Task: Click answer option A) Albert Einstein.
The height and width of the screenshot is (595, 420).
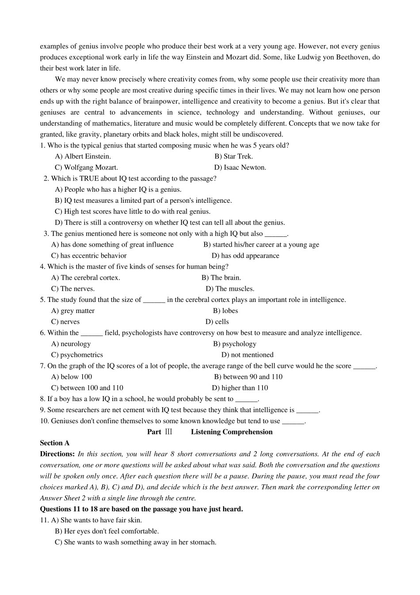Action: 83,156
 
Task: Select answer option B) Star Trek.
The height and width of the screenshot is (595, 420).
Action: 233,156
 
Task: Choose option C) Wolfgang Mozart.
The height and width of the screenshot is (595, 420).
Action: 86,167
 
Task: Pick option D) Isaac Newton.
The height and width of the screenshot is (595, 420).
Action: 240,167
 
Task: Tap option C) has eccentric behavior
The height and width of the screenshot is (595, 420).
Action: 89,255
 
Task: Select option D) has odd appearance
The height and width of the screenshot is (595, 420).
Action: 245,255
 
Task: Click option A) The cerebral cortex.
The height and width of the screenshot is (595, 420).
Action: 86,278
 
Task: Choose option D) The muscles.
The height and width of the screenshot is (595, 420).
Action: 230,289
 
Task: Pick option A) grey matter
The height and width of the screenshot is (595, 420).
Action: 73,311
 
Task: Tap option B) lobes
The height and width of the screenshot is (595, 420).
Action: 225,311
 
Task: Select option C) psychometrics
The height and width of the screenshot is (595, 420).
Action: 77,355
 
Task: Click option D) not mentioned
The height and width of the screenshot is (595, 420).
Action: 247,355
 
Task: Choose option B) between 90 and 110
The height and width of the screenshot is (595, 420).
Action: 248,377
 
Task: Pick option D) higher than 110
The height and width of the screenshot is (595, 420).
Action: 240,388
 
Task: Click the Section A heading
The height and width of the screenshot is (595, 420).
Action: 55,443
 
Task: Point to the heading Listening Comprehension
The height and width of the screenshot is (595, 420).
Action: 232,432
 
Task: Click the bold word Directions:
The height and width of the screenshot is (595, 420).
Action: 57,454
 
